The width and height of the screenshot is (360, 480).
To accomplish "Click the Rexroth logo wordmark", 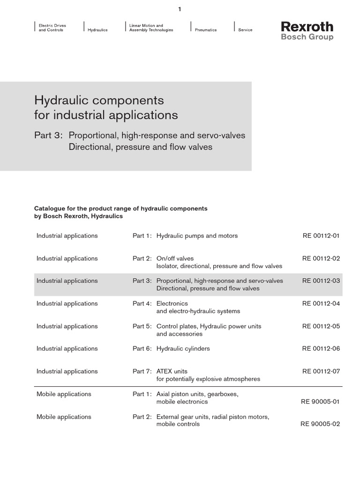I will point(307,26).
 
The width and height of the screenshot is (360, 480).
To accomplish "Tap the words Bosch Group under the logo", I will point(307,37).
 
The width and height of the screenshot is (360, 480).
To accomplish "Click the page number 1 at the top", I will point(180,9).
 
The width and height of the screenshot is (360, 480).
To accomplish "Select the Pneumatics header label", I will point(206,30).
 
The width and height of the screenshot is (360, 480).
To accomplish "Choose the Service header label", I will point(245,30).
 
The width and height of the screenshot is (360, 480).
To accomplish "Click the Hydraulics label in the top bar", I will point(97,30).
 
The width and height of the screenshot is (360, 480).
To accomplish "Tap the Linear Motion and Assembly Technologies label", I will point(151,28).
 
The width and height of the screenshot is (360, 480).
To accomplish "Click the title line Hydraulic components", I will point(99,100).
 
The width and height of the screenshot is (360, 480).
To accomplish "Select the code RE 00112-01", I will point(321,236).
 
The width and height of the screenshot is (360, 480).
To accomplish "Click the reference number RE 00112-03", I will point(321,281).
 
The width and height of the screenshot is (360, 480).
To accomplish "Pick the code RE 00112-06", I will point(321,348).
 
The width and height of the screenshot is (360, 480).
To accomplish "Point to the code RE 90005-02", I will point(320,424).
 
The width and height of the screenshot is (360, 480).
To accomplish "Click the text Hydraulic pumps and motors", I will point(197,236).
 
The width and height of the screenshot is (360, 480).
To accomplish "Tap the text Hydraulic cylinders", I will point(183,348).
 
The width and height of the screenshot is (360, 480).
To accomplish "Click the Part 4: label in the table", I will point(142,303).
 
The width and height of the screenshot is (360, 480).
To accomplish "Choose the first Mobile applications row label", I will point(64,394).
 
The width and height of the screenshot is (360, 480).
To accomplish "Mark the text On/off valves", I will point(175,258).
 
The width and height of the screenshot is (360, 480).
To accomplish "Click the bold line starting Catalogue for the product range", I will point(120,208).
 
